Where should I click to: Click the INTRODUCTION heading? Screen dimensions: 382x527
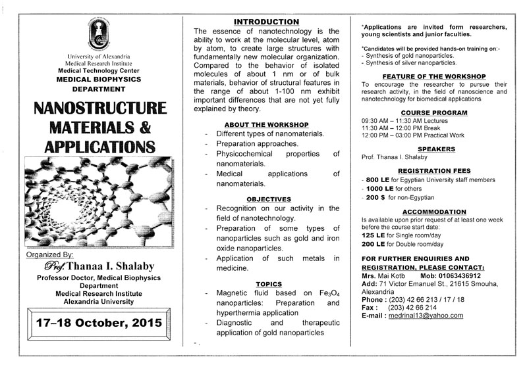tap(267, 22)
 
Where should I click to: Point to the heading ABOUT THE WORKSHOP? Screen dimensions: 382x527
tap(267, 124)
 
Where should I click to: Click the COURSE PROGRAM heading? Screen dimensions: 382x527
tap(434, 112)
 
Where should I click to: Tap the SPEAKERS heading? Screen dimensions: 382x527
tap(434, 149)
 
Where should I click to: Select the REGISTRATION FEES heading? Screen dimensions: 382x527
tap(434, 170)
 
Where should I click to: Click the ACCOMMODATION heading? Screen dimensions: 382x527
tap(434, 212)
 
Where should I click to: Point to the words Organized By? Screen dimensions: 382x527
tap(49, 254)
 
